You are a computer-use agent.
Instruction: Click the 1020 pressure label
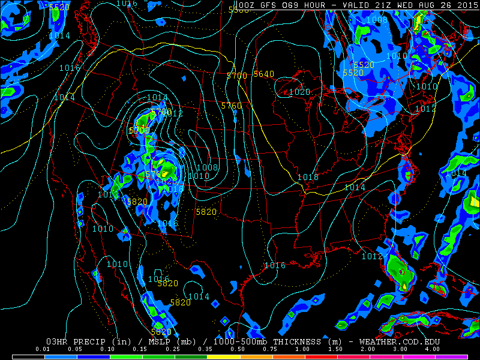(299, 92)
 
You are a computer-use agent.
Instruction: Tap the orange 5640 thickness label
(263, 74)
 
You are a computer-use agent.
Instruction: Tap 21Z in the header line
(391, 5)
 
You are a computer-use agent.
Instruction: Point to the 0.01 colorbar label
(42, 349)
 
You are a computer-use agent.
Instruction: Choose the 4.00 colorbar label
(431, 349)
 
